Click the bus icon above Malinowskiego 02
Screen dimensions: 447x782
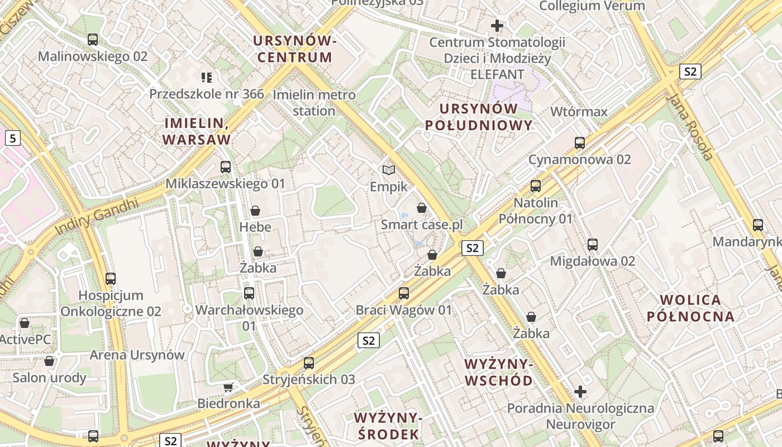[93, 40]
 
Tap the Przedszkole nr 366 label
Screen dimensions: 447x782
[206, 94]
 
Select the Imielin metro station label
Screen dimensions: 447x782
[314, 103]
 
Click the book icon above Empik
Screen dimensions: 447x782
[389, 169]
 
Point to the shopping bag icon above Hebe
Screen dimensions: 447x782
[255, 211]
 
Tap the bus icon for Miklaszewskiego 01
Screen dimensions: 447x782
[226, 167]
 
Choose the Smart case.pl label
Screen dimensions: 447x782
[422, 225]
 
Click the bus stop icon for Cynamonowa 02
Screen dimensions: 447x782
[580, 142]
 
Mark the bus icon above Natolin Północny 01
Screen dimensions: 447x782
[536, 186]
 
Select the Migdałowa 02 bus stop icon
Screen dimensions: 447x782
[593, 244]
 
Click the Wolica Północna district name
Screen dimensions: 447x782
[690, 308]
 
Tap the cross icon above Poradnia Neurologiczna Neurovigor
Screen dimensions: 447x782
[580, 392]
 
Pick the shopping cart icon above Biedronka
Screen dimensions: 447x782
[228, 387]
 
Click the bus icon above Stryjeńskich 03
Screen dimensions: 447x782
[309, 363]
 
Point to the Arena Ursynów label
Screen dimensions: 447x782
[137, 355]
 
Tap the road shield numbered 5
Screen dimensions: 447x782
[13, 137]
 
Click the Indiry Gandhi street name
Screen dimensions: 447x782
[96, 216]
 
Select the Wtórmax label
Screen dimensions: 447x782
[579, 112]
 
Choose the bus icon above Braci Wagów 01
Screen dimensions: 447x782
[404, 293]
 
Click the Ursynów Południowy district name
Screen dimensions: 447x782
[479, 117]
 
